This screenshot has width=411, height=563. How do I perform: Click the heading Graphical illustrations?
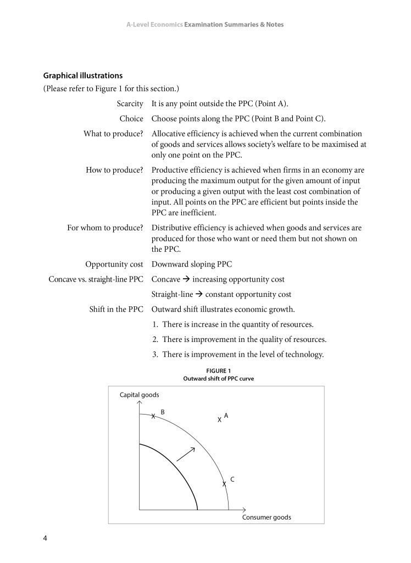83,75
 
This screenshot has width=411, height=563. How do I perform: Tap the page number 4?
45,538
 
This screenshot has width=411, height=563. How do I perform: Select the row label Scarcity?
130,104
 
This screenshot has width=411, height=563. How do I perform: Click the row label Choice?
131,119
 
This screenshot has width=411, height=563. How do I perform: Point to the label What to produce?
113,134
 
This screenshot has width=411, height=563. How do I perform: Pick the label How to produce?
114,170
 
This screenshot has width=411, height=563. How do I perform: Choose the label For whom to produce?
105,228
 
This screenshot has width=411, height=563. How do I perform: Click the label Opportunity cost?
114,264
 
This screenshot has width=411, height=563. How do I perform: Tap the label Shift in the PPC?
116,309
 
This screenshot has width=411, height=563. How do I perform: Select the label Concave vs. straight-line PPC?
96,279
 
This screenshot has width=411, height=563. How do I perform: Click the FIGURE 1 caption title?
218,371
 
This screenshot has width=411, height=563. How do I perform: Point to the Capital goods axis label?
140,395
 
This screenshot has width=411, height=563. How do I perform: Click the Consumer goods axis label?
266,517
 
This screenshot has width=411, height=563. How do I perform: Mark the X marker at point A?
219,420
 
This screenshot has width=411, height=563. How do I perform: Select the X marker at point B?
153,417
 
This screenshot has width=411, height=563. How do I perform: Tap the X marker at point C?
224,484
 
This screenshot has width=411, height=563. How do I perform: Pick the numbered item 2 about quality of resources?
239,339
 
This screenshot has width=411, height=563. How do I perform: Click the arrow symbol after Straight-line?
199,295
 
